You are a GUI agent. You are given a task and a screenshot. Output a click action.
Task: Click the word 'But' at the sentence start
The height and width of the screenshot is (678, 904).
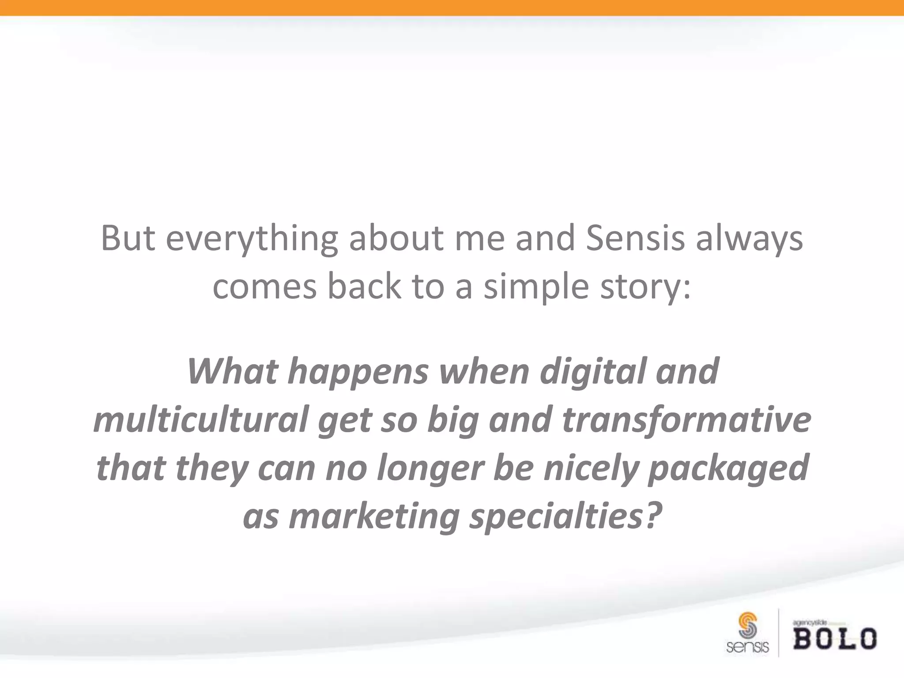tap(128, 238)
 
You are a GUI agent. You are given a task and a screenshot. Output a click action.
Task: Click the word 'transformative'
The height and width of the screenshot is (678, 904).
tap(686, 419)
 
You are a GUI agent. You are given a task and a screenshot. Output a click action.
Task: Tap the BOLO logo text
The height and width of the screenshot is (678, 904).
tap(835, 639)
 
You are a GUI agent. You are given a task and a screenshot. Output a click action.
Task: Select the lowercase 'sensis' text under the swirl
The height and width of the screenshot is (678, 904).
tap(747, 648)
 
